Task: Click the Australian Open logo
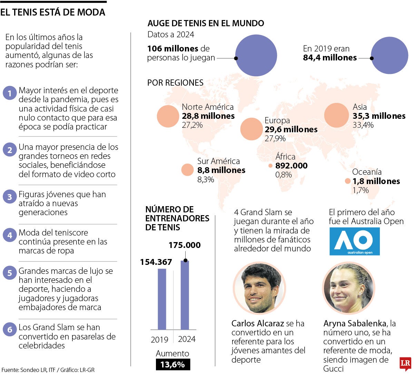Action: [x=354, y=241]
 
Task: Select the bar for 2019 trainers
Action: [x=162, y=299]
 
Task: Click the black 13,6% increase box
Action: [x=172, y=364]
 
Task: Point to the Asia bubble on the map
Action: [x=337, y=116]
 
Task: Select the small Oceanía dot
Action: [x=347, y=181]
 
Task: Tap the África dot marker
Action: [x=270, y=166]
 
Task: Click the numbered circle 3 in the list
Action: [x=10, y=197]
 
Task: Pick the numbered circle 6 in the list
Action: [x=10, y=330]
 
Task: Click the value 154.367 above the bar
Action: [x=156, y=262]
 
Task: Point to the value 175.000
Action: [x=185, y=245]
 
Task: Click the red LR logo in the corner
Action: [x=405, y=364]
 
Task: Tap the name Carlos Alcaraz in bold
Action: [x=257, y=324]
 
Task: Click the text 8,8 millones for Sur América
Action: [x=221, y=170]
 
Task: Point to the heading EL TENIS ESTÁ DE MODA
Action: [x=53, y=12]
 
